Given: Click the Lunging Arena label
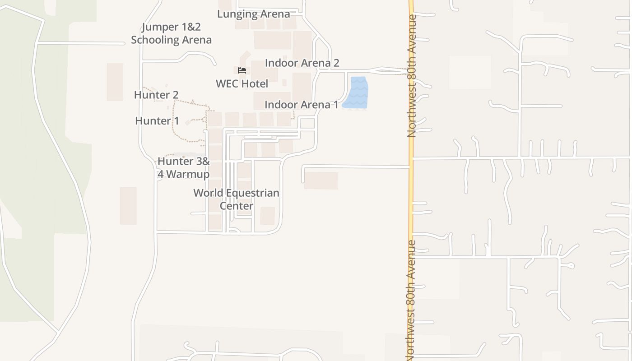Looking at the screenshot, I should tap(253, 14).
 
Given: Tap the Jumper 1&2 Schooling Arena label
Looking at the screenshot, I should tap(171, 33).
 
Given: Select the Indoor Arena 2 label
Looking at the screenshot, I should tap(302, 63).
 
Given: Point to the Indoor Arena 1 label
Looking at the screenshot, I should tap(301, 105).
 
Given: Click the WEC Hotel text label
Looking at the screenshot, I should tap(242, 83).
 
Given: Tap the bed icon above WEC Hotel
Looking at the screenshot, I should tap(242, 70).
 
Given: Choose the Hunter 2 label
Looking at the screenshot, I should tap(156, 95).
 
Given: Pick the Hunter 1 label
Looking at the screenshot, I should tap(157, 121).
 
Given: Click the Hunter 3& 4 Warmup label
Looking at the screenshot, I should tap(183, 167).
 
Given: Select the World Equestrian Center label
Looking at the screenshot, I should tap(236, 199).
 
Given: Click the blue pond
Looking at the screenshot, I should tap(356, 93).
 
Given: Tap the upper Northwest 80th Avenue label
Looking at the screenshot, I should tap(411, 76).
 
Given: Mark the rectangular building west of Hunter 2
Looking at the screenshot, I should tap(115, 82).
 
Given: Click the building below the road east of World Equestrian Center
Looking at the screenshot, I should tap(321, 180).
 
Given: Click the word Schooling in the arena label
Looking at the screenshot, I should tap(153, 40).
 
